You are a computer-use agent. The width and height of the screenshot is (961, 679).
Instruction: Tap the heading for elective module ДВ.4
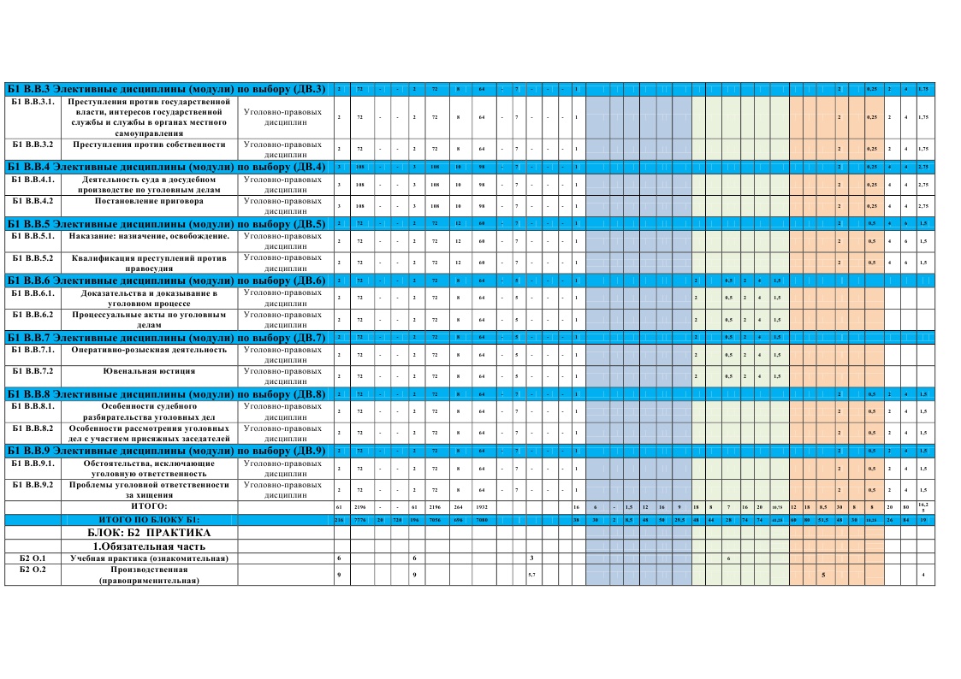pos(167,166)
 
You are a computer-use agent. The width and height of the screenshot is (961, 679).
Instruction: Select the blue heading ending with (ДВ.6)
pos(167,280)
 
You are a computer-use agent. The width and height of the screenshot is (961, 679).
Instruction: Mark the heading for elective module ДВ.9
pos(167,451)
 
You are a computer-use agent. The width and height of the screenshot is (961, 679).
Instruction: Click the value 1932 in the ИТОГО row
pos(483,507)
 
